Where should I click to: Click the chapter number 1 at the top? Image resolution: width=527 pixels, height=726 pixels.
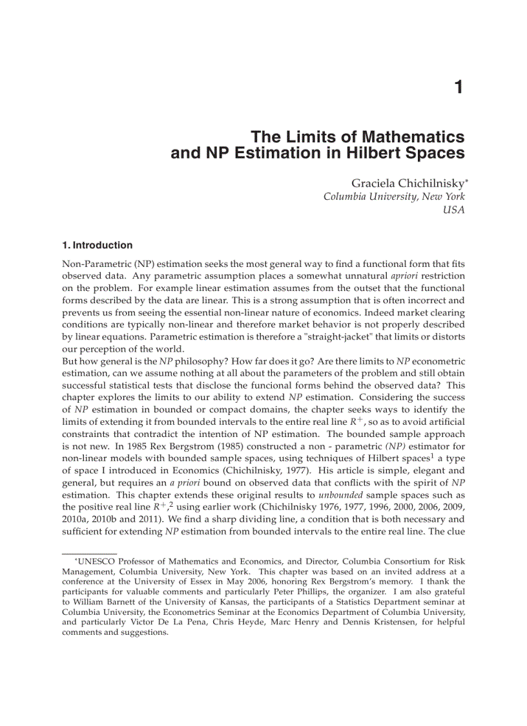point(459,87)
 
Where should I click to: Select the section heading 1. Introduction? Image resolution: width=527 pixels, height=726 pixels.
point(97,245)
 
